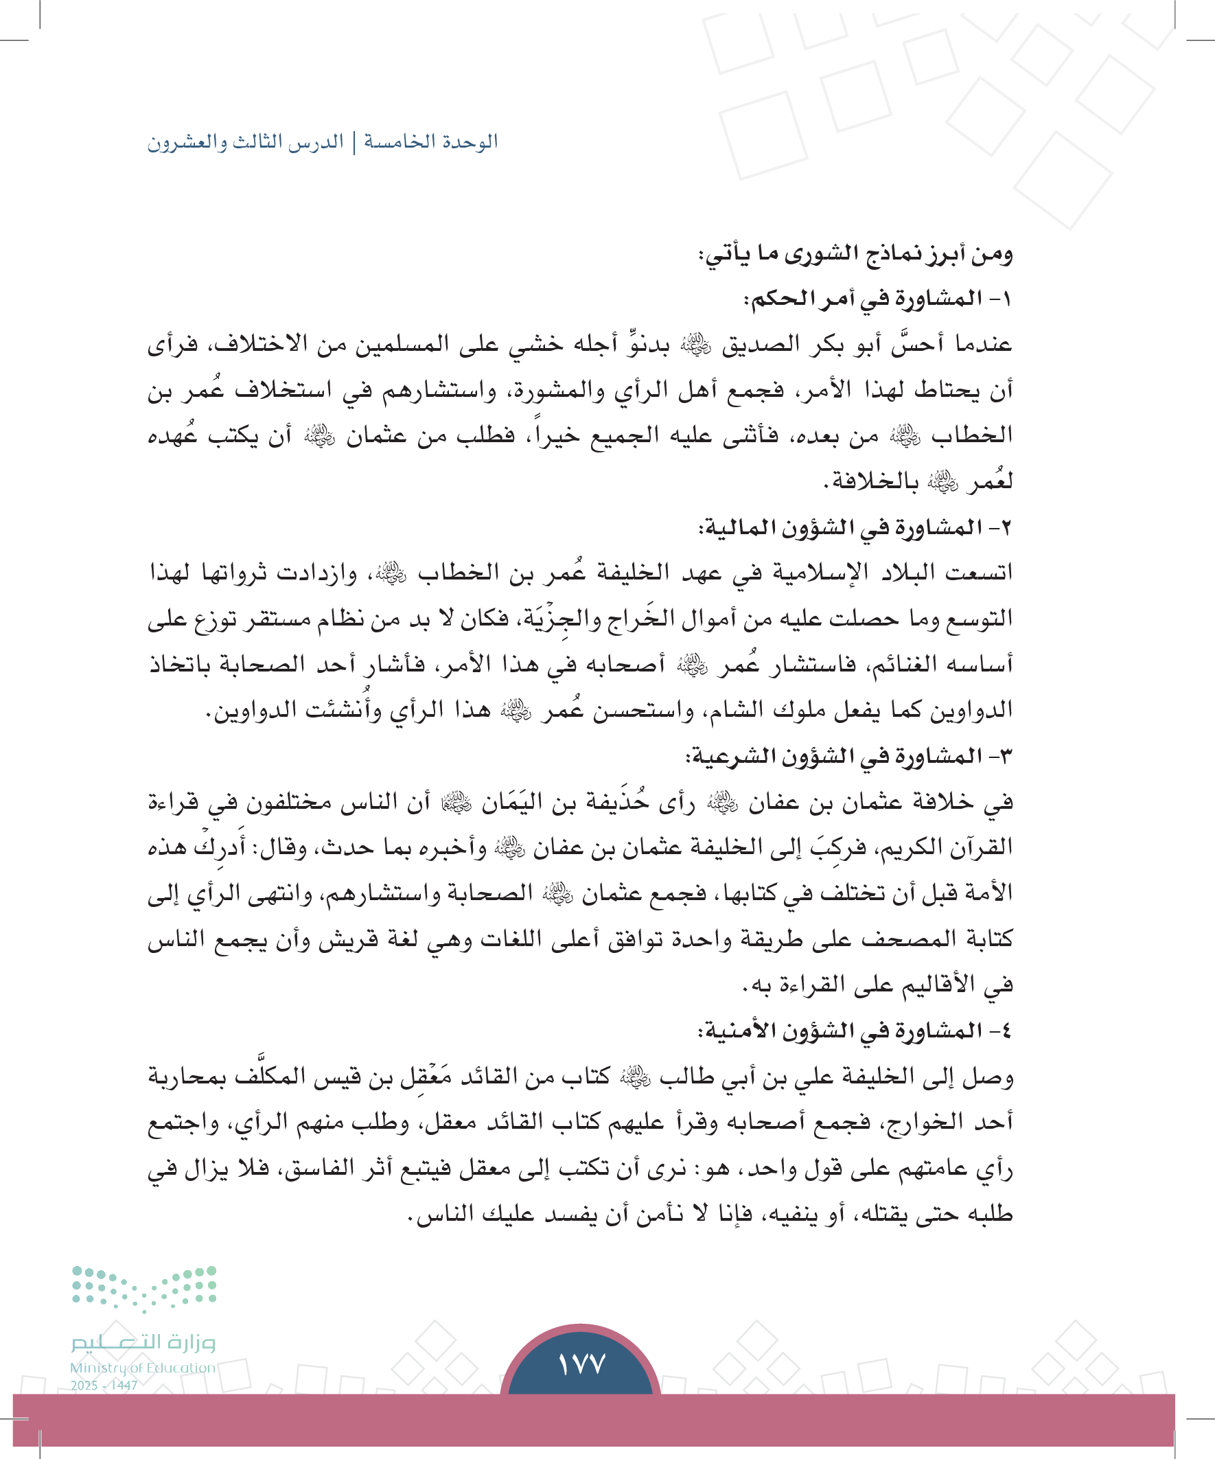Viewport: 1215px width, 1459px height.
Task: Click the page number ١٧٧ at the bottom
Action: pos(581,1364)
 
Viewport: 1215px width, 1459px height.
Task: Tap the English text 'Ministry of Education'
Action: pos(142,1367)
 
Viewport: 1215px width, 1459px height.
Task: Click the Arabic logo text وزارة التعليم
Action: pos(143,1342)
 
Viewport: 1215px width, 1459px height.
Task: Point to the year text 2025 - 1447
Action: pos(104,1385)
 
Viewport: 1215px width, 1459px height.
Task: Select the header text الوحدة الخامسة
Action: pos(431,141)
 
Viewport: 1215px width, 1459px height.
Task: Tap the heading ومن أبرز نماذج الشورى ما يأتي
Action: pos(855,254)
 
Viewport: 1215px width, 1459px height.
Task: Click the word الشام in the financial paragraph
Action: pos(726,710)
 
